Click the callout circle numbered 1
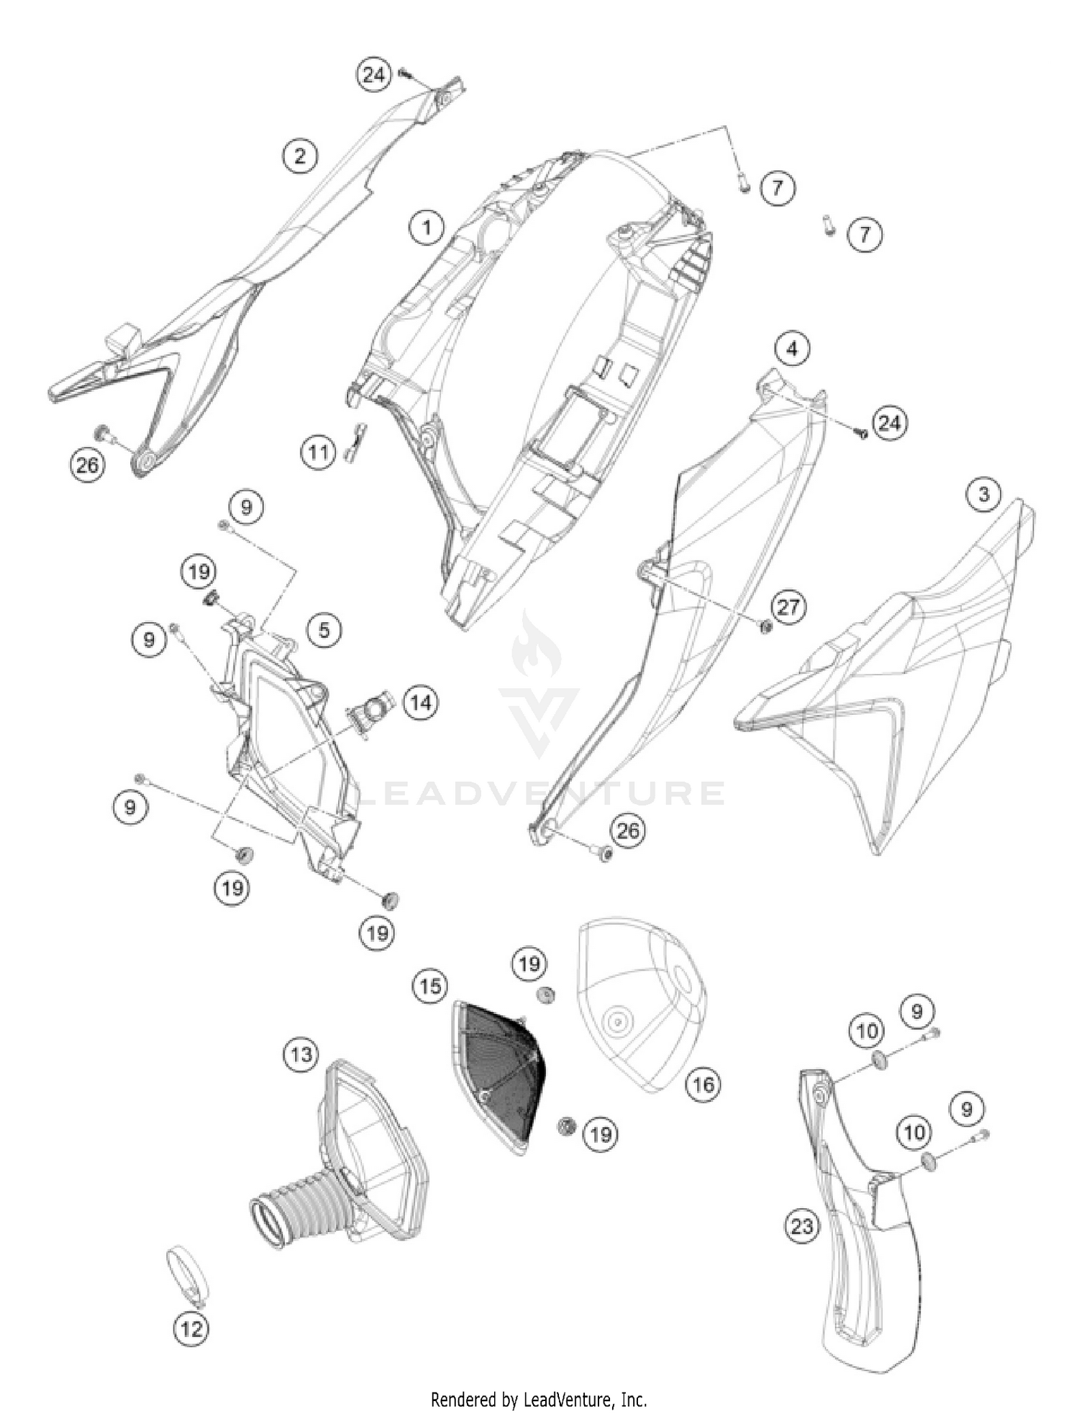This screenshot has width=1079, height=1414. tap(427, 228)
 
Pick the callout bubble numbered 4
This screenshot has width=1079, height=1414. tap(792, 349)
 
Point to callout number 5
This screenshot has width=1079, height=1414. tap(324, 630)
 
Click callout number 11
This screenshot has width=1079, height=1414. tap(319, 452)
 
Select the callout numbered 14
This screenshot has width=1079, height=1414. tap(421, 701)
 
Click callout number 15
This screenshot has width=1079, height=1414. tap(430, 985)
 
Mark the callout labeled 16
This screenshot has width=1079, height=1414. tap(703, 1083)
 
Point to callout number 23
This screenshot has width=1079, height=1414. tap(801, 1225)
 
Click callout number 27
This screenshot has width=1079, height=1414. tap(788, 606)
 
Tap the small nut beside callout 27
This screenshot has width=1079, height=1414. tap(765, 626)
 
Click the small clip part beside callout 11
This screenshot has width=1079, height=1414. tap(355, 440)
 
